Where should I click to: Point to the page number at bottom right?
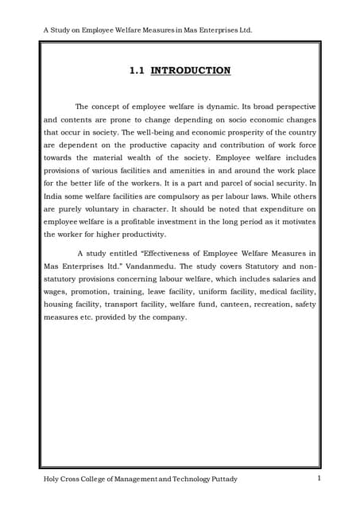click(319, 478)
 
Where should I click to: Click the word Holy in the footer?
click(53, 479)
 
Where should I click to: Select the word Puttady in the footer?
click(221, 479)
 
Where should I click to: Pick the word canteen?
click(226, 305)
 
